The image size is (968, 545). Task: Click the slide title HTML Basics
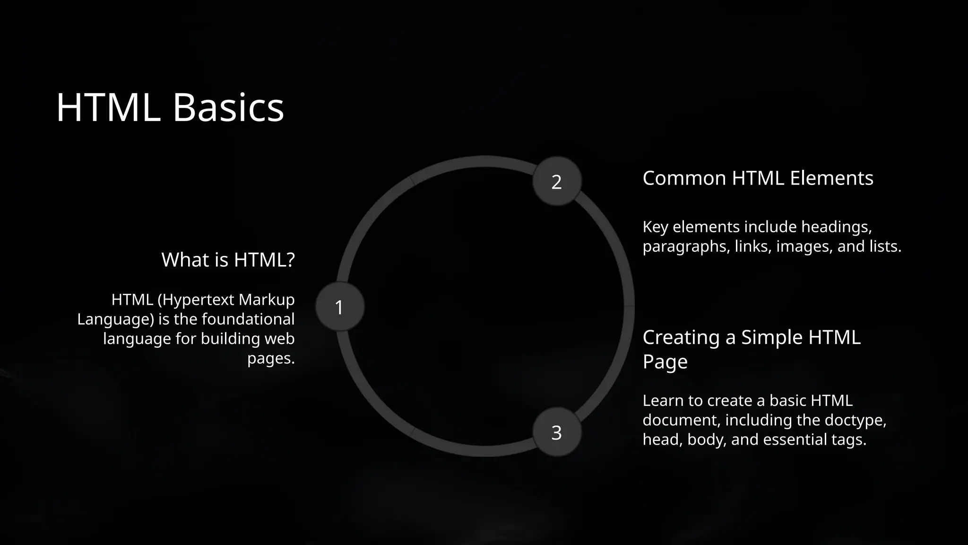[x=170, y=107]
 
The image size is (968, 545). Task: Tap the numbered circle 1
[x=339, y=307]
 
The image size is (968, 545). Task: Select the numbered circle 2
[x=557, y=182]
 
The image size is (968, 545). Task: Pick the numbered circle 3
[x=557, y=432]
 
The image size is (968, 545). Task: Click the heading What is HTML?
[x=228, y=260]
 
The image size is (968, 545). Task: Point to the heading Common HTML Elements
[x=758, y=178]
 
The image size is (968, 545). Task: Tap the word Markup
[x=267, y=299]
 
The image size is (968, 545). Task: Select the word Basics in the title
[x=228, y=107]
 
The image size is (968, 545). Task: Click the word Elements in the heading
[x=831, y=178]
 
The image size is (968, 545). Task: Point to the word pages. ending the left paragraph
[x=271, y=358]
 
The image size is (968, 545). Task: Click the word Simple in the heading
[x=772, y=337]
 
